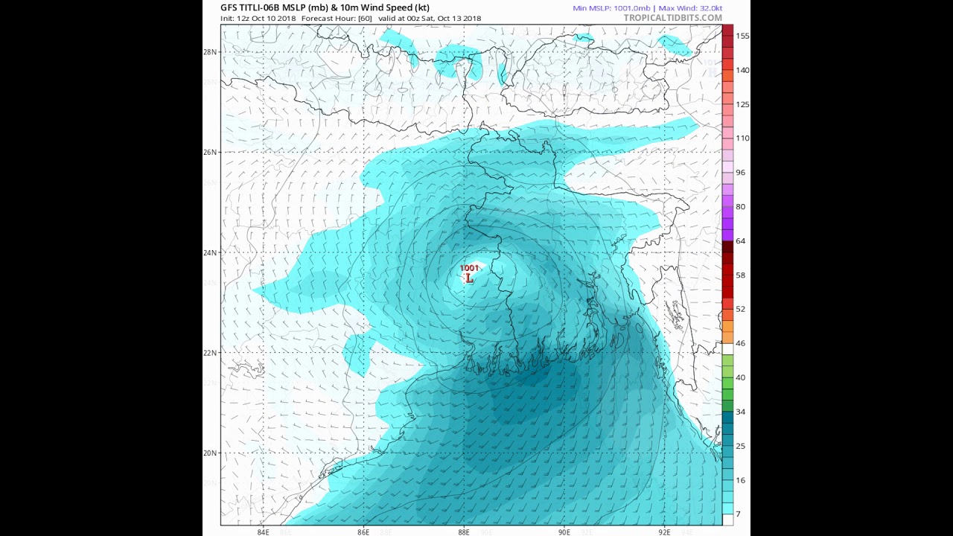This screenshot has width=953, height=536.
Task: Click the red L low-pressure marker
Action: point(469,278)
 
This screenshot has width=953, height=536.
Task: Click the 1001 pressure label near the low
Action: point(469,268)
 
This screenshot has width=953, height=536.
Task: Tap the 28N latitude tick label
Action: point(210,52)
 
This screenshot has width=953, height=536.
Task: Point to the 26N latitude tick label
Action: point(210,152)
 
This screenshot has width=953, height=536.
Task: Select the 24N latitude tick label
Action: point(210,252)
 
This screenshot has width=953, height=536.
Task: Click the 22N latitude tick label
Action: point(210,353)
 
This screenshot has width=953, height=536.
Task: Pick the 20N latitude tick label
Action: point(210,453)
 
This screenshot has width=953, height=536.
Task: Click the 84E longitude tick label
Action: point(263,532)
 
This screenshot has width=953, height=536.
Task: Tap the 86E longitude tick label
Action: point(363,532)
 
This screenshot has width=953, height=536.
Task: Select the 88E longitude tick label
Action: point(464,532)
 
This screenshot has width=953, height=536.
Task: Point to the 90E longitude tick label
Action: point(564,532)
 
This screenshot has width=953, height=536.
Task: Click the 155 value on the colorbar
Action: point(742,36)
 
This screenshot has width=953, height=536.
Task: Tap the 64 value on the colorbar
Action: point(740,241)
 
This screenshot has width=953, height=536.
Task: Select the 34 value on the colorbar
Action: point(740,412)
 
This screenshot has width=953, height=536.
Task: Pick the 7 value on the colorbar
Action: point(738,514)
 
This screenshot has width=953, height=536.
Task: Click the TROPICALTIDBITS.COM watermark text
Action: point(672,18)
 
